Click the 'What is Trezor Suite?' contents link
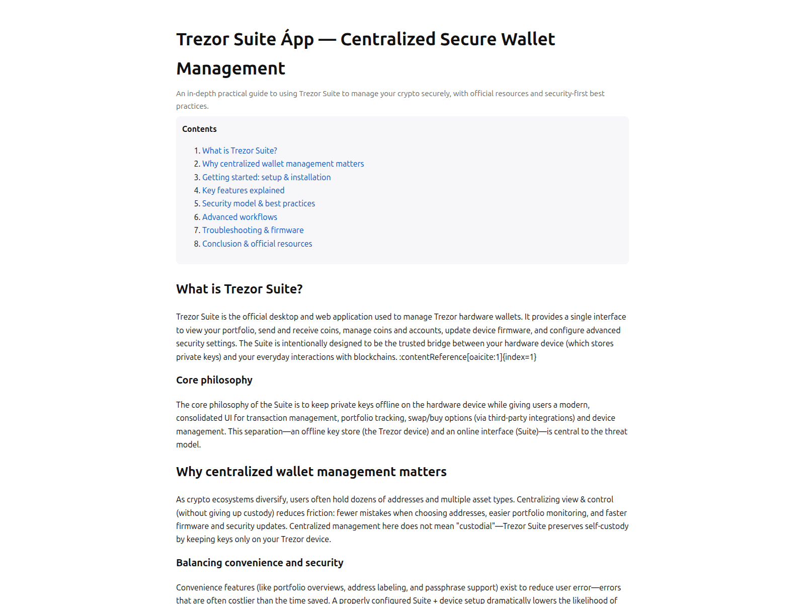pos(239,150)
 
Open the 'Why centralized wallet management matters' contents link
pos(283,164)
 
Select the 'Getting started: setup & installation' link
pos(266,177)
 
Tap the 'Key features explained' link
pos(243,190)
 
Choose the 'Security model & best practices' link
pos(259,203)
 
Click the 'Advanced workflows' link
pos(239,217)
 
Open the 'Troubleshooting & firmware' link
pos(253,230)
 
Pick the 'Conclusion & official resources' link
pos(257,244)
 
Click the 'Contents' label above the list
pos(199,129)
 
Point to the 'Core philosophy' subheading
pos(214,380)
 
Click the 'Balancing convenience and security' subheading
pos(260,563)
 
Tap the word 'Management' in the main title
pos(230,68)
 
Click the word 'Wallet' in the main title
pos(523,39)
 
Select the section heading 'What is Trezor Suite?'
pos(239,289)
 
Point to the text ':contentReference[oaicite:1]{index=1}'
pos(468,357)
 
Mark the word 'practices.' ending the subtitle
pos(192,106)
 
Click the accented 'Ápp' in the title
pos(297,39)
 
